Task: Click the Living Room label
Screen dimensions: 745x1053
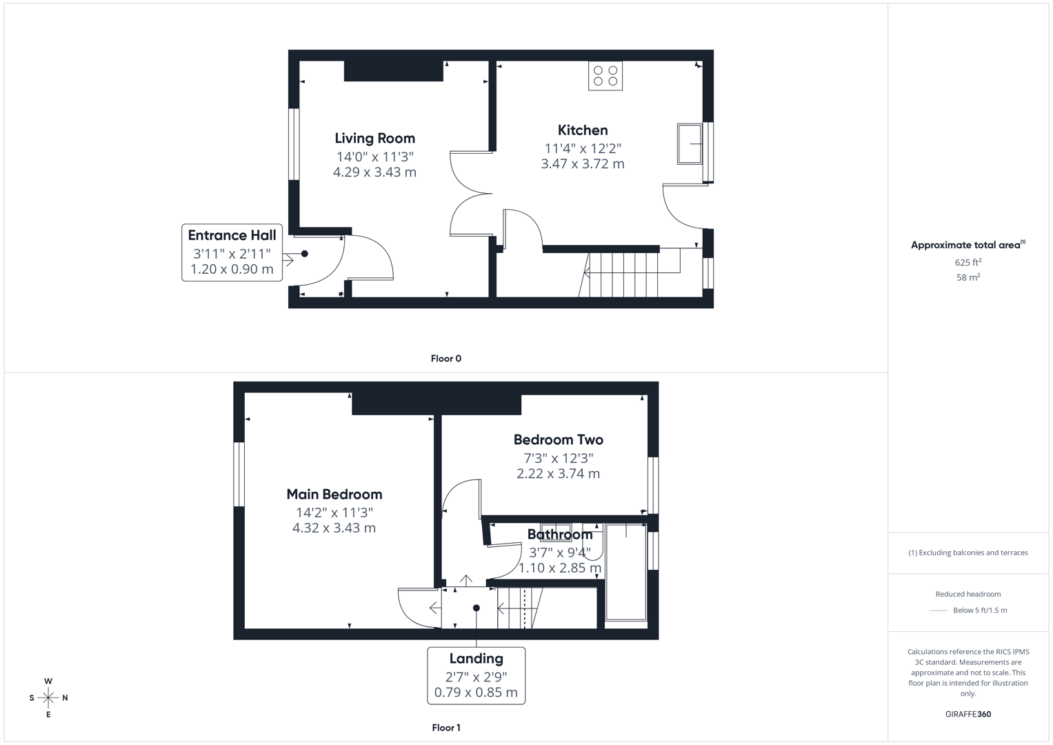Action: (x=374, y=138)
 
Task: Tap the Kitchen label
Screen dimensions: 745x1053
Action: (x=583, y=130)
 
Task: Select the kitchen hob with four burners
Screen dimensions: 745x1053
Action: (x=605, y=76)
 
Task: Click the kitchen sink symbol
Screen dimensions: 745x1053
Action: (x=689, y=143)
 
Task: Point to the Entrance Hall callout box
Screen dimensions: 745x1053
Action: (x=232, y=252)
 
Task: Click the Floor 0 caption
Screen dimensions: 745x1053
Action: (x=445, y=358)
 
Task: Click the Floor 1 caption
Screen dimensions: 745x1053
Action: (x=445, y=727)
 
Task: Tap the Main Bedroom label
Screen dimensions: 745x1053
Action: (x=334, y=494)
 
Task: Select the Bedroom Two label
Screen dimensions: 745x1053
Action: (x=558, y=439)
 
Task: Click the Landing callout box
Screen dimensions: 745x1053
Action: (x=476, y=675)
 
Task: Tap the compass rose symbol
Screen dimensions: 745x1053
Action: (x=48, y=697)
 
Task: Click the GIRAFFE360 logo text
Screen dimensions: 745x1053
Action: (x=967, y=714)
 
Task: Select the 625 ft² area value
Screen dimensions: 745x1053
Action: (x=967, y=262)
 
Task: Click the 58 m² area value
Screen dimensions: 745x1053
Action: (x=967, y=277)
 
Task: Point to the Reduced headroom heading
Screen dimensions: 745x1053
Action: (x=967, y=594)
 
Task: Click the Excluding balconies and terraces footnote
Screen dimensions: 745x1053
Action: (x=967, y=553)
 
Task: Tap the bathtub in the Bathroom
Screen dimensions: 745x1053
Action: (x=626, y=573)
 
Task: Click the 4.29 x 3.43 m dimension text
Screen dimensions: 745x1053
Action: (x=374, y=172)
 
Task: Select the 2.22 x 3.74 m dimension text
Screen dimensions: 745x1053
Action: (x=558, y=474)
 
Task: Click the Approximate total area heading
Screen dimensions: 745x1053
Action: (x=967, y=245)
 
